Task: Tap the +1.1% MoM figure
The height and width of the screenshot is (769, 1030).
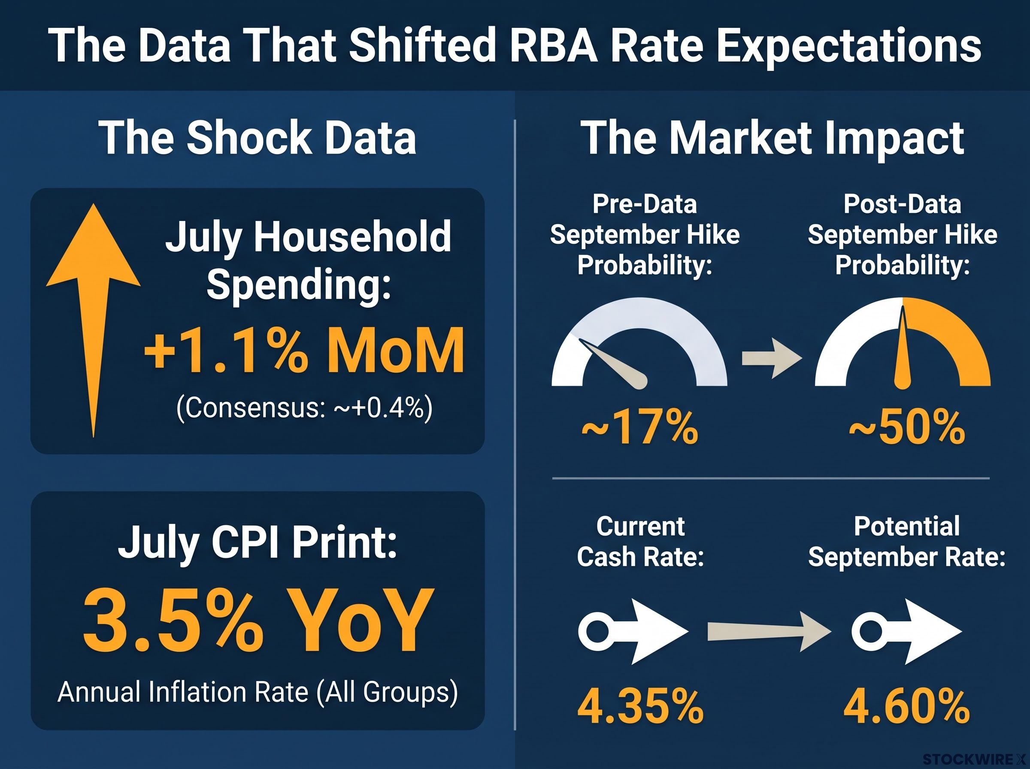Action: [304, 350]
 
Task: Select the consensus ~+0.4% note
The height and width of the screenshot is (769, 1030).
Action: [304, 408]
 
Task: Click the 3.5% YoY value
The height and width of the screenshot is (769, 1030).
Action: [259, 621]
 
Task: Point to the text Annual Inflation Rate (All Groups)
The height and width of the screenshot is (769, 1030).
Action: [258, 692]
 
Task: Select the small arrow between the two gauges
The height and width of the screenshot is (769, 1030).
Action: [772, 358]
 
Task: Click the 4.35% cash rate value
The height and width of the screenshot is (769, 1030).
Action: [640, 707]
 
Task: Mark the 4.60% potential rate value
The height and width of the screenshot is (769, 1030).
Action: [907, 707]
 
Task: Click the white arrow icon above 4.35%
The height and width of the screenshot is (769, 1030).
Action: [633, 632]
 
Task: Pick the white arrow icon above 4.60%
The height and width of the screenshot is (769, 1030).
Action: [906, 632]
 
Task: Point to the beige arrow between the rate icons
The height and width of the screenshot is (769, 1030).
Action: [769, 632]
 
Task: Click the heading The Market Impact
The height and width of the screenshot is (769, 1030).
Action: [772, 138]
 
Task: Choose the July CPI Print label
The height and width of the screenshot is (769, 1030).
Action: [257, 543]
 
